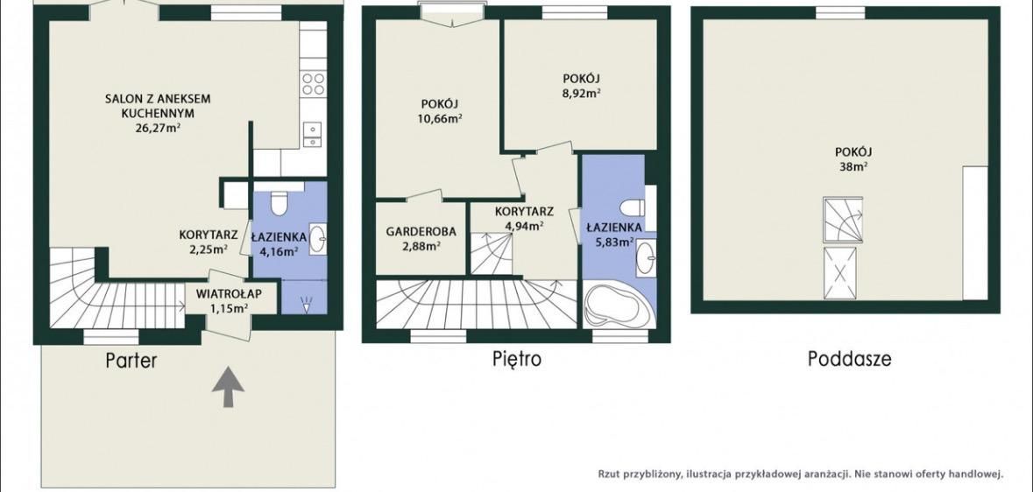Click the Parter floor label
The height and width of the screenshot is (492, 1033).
pyautogui.click(x=131, y=361)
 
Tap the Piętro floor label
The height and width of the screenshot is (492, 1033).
pyautogui.click(x=517, y=360)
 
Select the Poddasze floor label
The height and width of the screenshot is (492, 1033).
pyautogui.click(x=850, y=359)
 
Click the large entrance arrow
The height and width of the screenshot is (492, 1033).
pyautogui.click(x=228, y=387)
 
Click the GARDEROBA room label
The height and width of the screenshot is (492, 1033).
pyautogui.click(x=421, y=233)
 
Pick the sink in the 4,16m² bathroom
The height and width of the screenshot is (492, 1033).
pyautogui.click(x=317, y=235)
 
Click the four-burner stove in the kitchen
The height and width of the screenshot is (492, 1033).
pyautogui.click(x=313, y=84)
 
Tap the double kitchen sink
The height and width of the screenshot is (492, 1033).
pyautogui.click(x=312, y=135)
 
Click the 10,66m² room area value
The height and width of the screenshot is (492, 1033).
pyautogui.click(x=441, y=118)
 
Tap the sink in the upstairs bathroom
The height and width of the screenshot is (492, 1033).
pyautogui.click(x=646, y=257)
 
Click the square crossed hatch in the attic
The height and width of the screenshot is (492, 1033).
pyautogui.click(x=840, y=274)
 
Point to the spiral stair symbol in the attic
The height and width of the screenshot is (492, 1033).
pyautogui.click(x=842, y=220)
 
